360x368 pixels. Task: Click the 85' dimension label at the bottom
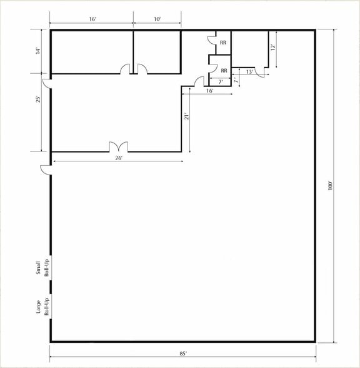pos(183,353)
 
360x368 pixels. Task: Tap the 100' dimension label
pos(330,185)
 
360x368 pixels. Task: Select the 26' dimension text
pos(119,158)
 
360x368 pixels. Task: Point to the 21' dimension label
pos(186,116)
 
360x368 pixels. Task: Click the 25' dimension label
pos(39,99)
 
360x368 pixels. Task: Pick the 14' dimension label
pos(39,51)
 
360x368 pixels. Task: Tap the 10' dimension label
pos(157,19)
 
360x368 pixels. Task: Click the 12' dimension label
pos(272,48)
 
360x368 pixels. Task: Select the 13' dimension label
pos(249,72)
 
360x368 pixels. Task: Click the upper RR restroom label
pos(223,43)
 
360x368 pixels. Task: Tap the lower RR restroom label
pos(224,70)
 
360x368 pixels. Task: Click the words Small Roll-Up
pos(42,268)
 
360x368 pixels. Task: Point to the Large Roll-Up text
pos(42,307)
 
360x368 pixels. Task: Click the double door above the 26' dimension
pos(119,146)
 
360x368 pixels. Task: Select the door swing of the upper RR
pos(212,40)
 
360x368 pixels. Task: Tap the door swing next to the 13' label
pos(260,73)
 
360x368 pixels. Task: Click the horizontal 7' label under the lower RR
pos(221,82)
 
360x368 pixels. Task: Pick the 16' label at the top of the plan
pos(92,19)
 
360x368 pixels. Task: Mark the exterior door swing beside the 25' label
pos(46,84)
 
